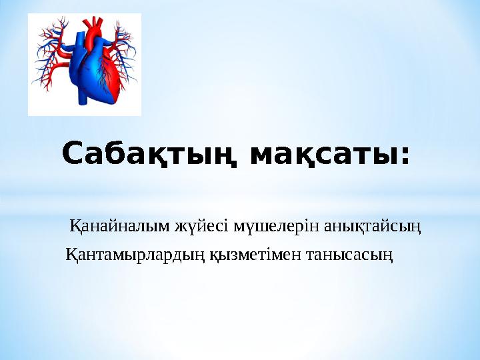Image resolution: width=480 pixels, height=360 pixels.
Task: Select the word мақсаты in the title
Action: pos(324,155)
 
